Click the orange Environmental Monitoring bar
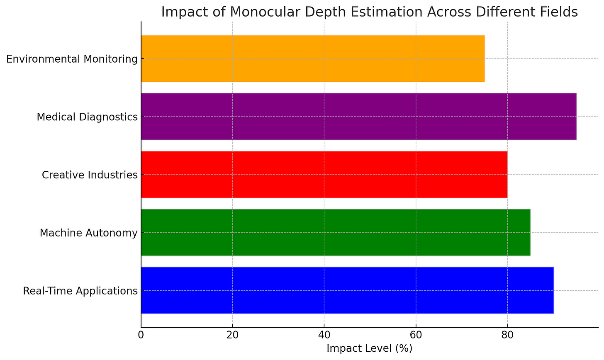pos(313,58)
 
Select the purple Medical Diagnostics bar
pos(358,117)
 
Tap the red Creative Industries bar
pos(324,175)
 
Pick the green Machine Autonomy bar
pos(336,233)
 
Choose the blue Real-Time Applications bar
pos(347,290)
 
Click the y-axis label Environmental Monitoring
pos(72,59)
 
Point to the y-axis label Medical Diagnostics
pos(87,117)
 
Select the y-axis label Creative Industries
pos(90,175)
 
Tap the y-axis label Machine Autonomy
pos(88,233)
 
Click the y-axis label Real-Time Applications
pos(80,291)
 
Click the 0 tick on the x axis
pos(141,335)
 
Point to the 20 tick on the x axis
pos(232,335)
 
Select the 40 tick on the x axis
pos(324,335)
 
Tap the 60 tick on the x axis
pos(416,335)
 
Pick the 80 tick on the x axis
pos(507,335)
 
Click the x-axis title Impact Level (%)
pos(369,348)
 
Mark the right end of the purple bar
pos(576,117)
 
